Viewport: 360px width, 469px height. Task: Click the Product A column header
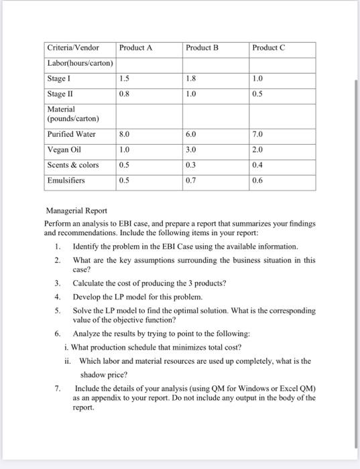coord(135,48)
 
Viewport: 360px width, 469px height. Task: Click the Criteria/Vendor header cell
coord(73,48)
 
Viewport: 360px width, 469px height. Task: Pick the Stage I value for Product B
coord(191,78)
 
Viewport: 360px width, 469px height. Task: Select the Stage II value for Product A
coord(124,93)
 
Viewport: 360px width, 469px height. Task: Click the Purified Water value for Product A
coord(124,134)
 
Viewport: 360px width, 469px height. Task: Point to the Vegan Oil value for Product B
coord(191,149)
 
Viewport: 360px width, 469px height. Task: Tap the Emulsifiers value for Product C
coord(258,180)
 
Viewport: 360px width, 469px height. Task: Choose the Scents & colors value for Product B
coord(191,165)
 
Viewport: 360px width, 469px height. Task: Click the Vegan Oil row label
coord(64,149)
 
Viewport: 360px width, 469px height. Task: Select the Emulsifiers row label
coord(66,180)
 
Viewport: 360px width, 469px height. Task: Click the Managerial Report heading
coord(75,211)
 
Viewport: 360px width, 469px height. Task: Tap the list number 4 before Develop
coord(58,296)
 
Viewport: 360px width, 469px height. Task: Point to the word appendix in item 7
coord(95,397)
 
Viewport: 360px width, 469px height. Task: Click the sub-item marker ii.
coord(68,360)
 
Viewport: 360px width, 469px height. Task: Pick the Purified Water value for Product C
coord(258,134)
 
